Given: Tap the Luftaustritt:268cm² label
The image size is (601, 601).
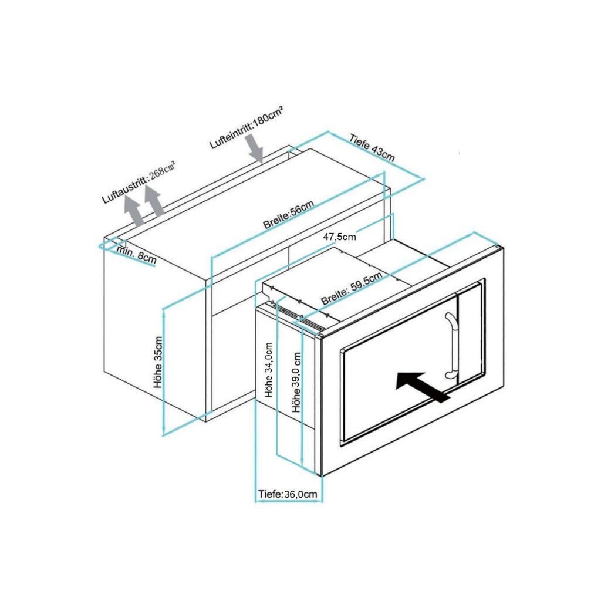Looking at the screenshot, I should coord(139,180).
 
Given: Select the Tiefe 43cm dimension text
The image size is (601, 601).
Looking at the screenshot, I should coord(372,148).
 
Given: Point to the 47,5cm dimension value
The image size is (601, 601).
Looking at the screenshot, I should coord(340,237).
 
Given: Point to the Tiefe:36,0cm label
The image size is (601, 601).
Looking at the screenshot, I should coord(288,494).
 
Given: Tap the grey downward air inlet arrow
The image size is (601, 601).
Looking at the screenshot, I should coord(256,147).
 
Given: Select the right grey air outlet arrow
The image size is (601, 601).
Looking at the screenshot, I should coord(154,203).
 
